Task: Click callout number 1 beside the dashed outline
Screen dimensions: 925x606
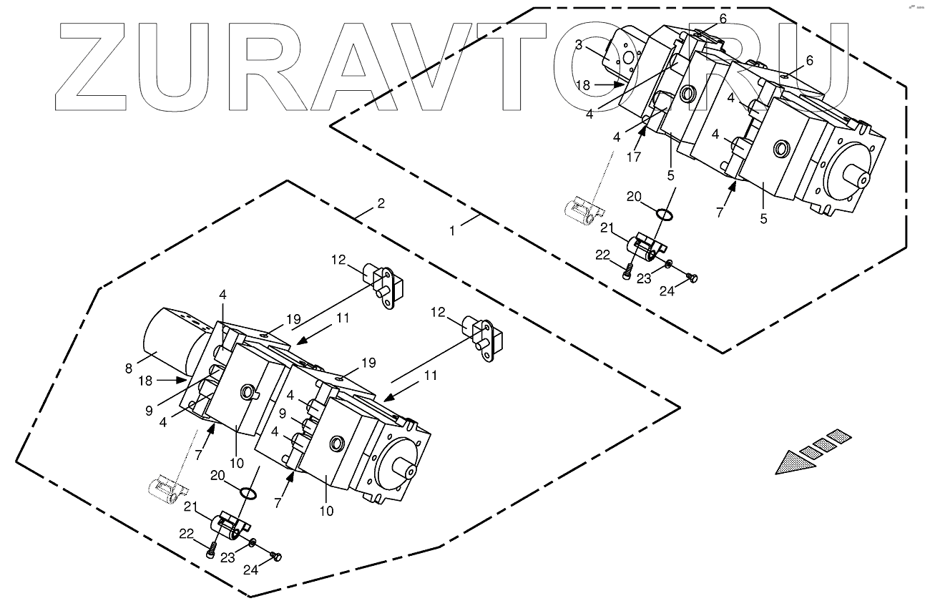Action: pos(452,230)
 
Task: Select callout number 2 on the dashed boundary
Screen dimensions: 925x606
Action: pos(381,203)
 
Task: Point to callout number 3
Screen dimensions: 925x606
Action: pos(578,44)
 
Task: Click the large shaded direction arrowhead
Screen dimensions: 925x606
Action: pos(796,464)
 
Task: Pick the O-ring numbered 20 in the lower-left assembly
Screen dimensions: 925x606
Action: pos(248,493)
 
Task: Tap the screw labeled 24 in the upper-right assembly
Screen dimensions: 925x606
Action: pos(692,278)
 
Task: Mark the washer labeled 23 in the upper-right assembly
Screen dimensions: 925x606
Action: pos(667,265)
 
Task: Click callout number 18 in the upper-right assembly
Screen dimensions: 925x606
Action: pos(583,84)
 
